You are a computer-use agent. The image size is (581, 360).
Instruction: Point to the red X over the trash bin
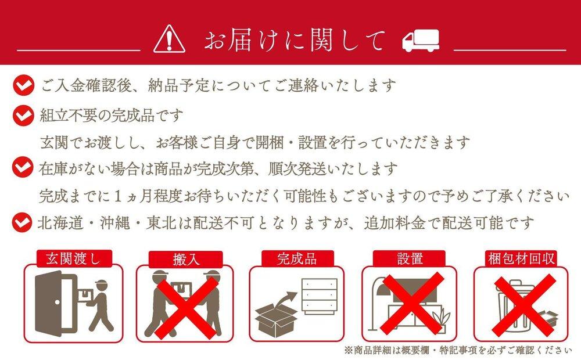[x=523, y=305]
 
